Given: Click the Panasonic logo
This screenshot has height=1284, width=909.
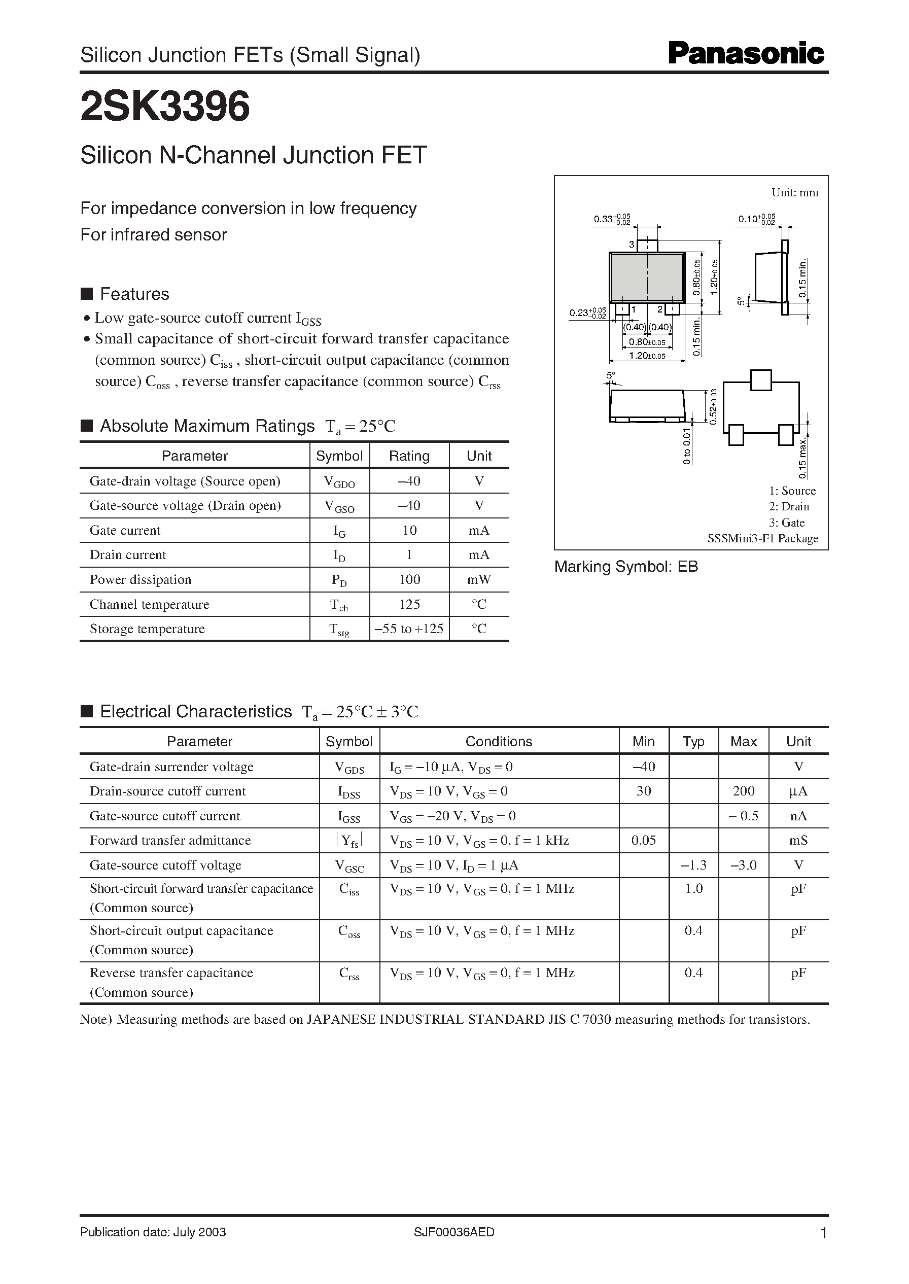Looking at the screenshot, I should pyautogui.click(x=746, y=54).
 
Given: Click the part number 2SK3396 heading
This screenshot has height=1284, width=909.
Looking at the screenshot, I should pyautogui.click(x=165, y=107).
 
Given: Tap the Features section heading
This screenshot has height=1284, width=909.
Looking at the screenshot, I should pyautogui.click(x=134, y=294).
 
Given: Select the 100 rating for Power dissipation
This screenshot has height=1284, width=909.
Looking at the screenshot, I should pyautogui.click(x=409, y=579).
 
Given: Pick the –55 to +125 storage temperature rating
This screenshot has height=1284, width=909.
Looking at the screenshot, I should pyautogui.click(x=409, y=629).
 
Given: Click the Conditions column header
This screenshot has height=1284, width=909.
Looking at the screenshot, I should pyautogui.click(x=499, y=741).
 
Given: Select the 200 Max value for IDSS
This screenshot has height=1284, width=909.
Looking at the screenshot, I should pyautogui.click(x=743, y=791).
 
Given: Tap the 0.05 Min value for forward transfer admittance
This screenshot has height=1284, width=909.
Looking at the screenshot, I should pyautogui.click(x=643, y=840).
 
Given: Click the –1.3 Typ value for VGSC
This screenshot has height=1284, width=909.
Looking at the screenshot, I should pyautogui.click(x=693, y=865).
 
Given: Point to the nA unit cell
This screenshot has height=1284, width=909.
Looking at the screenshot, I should pyautogui.click(x=798, y=816).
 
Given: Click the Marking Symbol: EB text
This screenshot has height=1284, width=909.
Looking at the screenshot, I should pyautogui.click(x=626, y=567).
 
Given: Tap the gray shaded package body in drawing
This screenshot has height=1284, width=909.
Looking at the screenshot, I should pyautogui.click(x=646, y=277).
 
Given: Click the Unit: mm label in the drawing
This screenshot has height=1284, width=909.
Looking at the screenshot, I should pyautogui.click(x=794, y=193).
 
